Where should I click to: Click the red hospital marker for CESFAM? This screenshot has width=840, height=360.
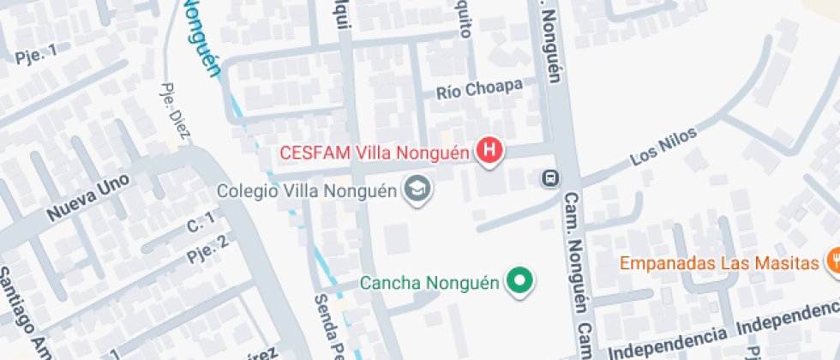click(x=489, y=152)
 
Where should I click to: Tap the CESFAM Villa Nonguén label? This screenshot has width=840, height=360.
click(x=375, y=154)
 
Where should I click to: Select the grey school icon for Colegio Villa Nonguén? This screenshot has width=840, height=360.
click(x=417, y=189)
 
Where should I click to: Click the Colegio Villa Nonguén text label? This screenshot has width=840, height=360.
click(x=308, y=190)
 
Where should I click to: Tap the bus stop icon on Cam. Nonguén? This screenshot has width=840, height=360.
click(x=549, y=179)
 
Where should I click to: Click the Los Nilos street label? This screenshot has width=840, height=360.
click(x=663, y=147)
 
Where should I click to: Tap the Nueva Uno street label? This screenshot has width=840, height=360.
click(x=87, y=197)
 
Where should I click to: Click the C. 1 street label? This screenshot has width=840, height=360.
click(x=201, y=225)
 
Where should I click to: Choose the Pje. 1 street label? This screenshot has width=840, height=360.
click(x=35, y=55)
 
